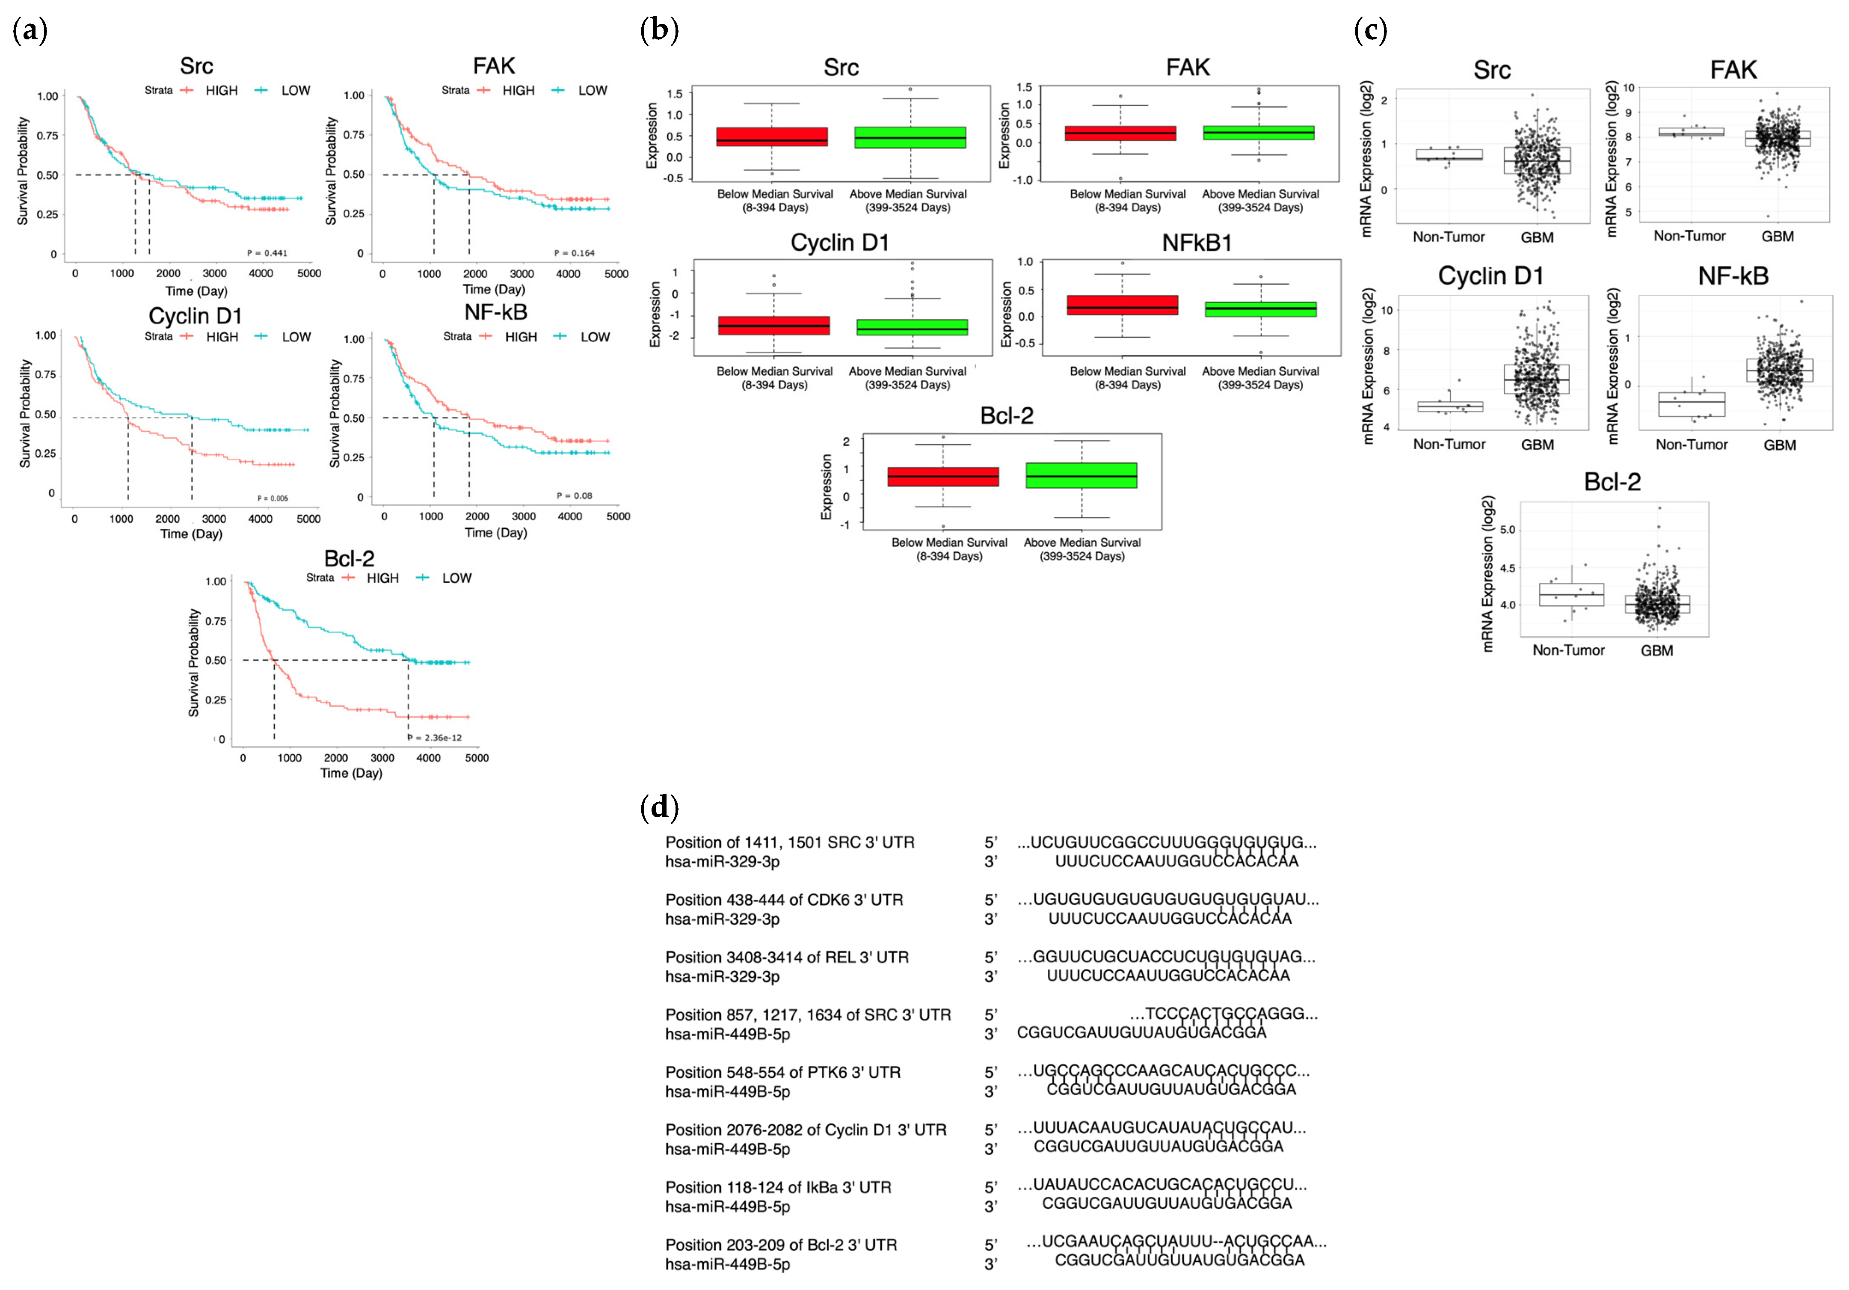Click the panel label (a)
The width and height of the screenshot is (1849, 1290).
pyautogui.click(x=31, y=31)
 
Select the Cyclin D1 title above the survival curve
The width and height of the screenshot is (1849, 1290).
pyautogui.click(x=195, y=316)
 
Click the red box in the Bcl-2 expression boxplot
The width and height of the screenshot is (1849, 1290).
pyautogui.click(x=943, y=477)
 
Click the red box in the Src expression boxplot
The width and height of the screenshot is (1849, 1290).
pyautogui.click(x=771, y=137)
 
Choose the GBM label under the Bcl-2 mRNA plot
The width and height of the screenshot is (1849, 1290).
pyautogui.click(x=1656, y=651)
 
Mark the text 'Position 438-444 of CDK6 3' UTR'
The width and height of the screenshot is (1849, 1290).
pyautogui.click(x=784, y=899)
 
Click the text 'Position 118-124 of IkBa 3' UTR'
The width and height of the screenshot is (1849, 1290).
pyautogui.click(x=778, y=1187)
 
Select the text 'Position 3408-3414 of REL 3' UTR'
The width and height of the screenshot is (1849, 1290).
pyautogui.click(x=787, y=958)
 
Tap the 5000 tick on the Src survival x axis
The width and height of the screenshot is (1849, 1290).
pyautogui.click(x=309, y=273)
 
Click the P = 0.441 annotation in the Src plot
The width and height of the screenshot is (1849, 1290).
pyautogui.click(x=267, y=253)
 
